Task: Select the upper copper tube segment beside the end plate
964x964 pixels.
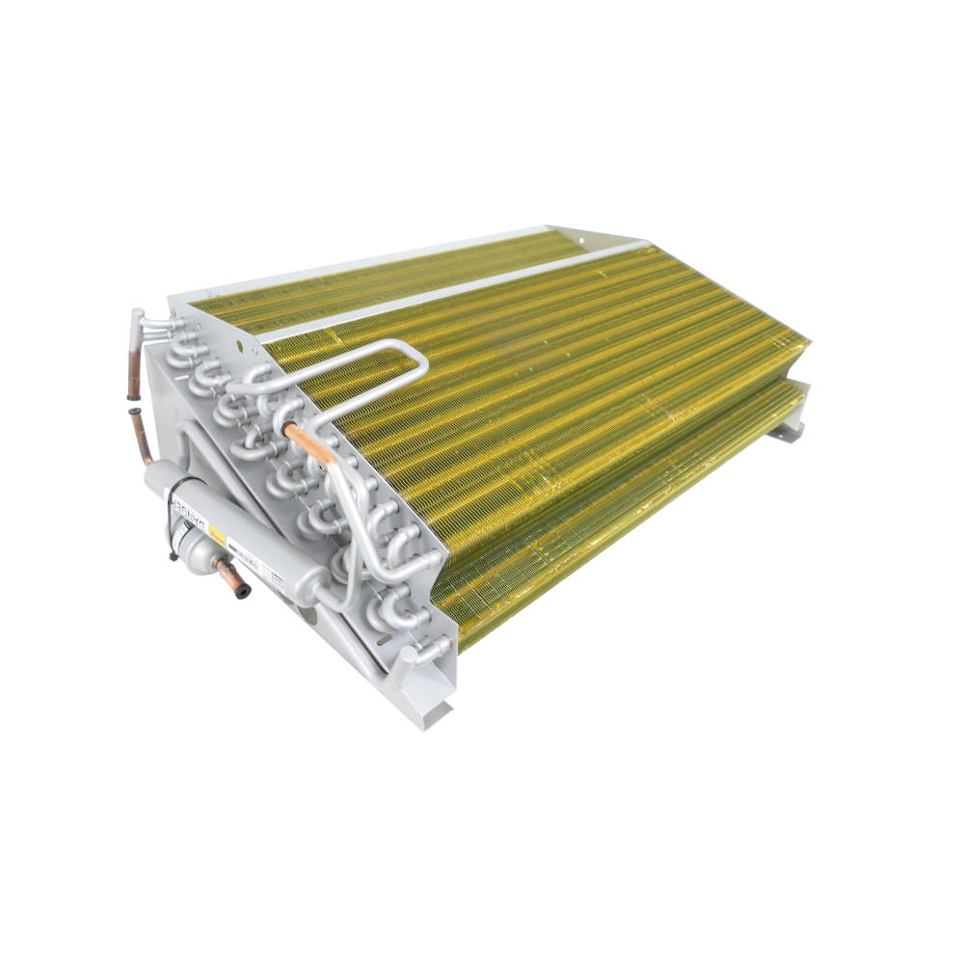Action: pos(134,371)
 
